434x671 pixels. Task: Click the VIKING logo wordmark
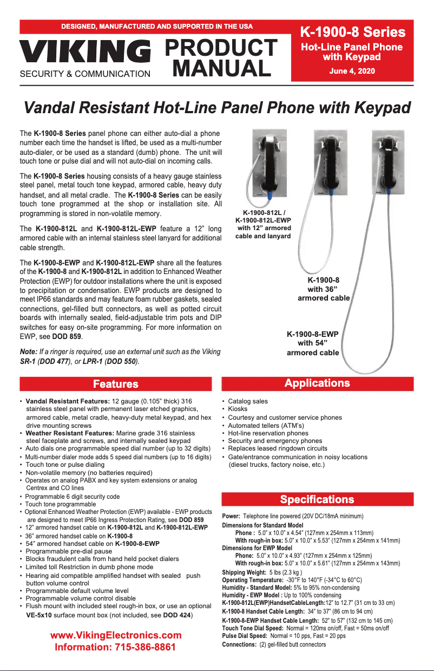tap(85, 52)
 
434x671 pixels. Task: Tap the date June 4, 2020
tap(352, 71)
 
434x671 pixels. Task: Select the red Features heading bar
tap(116, 384)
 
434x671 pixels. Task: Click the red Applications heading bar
tap(317, 383)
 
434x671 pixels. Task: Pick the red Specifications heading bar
tap(317, 499)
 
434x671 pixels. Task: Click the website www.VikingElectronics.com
tap(116, 635)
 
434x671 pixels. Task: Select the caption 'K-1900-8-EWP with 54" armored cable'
tap(313, 343)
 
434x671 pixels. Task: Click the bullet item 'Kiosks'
tap(238, 409)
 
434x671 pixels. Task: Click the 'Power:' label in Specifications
tap(231, 516)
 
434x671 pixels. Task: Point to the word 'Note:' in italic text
tap(28, 352)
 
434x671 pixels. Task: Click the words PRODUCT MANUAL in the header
tap(220, 58)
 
